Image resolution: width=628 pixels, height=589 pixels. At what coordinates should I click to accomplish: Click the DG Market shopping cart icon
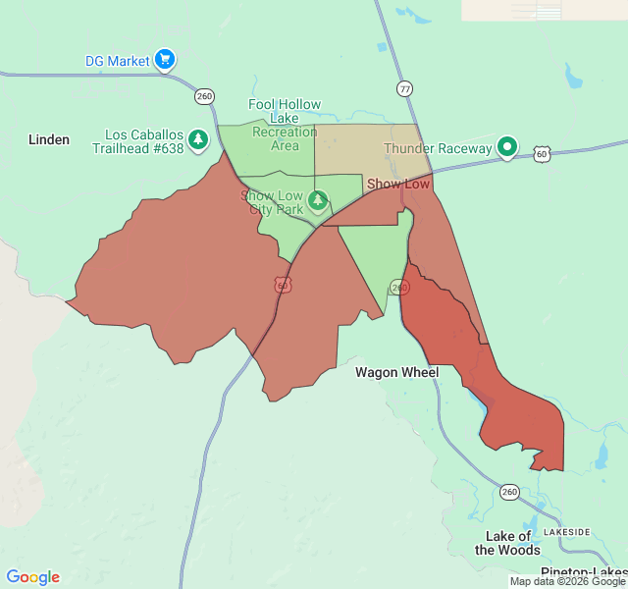click(165, 60)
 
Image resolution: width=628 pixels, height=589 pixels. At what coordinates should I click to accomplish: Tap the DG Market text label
click(118, 61)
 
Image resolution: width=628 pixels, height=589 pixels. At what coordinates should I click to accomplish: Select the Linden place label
click(49, 139)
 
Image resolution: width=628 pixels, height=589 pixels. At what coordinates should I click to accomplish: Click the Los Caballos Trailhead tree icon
click(199, 140)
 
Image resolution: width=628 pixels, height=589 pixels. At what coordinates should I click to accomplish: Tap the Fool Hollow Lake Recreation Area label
click(285, 125)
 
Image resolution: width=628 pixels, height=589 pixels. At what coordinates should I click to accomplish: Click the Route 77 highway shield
click(405, 88)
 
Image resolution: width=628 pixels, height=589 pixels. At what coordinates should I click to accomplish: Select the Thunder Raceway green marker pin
click(507, 147)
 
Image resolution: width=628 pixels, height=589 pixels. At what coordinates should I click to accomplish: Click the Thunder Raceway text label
click(438, 148)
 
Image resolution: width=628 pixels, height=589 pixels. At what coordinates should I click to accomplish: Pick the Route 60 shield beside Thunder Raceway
click(542, 154)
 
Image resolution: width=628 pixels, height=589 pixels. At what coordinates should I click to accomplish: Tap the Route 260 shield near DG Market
click(204, 96)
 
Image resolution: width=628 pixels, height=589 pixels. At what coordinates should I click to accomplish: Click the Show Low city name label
click(398, 184)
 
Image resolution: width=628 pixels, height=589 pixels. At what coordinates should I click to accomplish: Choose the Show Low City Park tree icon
click(318, 201)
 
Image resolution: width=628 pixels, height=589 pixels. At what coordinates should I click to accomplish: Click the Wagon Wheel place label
click(397, 373)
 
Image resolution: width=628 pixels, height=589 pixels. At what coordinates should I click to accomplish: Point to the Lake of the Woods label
click(507, 543)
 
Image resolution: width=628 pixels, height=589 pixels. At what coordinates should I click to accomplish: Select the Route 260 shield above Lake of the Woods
click(509, 492)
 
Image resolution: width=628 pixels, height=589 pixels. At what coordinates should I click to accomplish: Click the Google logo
click(32, 577)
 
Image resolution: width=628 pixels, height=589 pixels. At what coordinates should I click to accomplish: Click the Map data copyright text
click(567, 581)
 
